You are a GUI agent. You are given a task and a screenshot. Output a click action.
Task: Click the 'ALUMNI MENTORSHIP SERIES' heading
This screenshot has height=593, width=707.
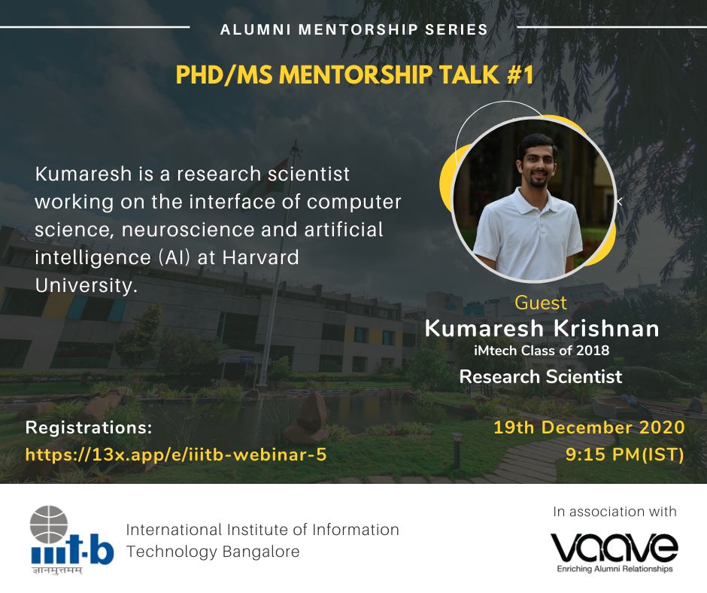354,30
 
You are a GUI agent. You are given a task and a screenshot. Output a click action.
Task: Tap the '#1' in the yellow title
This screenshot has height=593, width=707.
520,75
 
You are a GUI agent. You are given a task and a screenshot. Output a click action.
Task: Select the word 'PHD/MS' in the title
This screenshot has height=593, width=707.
224,75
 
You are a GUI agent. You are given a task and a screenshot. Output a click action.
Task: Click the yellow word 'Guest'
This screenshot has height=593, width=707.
541,303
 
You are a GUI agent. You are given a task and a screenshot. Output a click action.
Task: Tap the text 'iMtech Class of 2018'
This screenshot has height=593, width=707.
542,351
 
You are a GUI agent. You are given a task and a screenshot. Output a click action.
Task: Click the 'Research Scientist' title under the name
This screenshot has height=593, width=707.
541,376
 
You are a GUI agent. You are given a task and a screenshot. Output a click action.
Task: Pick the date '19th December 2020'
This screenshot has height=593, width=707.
590,427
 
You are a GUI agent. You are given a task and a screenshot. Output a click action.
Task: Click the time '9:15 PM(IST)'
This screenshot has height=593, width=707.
625,455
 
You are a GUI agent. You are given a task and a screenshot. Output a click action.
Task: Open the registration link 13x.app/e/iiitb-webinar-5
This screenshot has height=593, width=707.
176,455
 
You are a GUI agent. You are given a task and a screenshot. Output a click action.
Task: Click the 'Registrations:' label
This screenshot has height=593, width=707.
89,427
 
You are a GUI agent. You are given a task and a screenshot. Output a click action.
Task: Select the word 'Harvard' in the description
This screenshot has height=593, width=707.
261,257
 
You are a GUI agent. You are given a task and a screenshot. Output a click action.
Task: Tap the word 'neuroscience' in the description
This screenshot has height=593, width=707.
188,230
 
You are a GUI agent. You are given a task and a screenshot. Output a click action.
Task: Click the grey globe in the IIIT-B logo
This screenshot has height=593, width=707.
49,525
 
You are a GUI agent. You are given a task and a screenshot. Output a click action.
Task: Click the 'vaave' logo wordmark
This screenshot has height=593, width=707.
614,547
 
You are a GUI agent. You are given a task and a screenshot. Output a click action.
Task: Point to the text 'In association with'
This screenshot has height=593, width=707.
614,511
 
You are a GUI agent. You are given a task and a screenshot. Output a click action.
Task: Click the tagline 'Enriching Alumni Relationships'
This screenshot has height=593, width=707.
615,569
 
